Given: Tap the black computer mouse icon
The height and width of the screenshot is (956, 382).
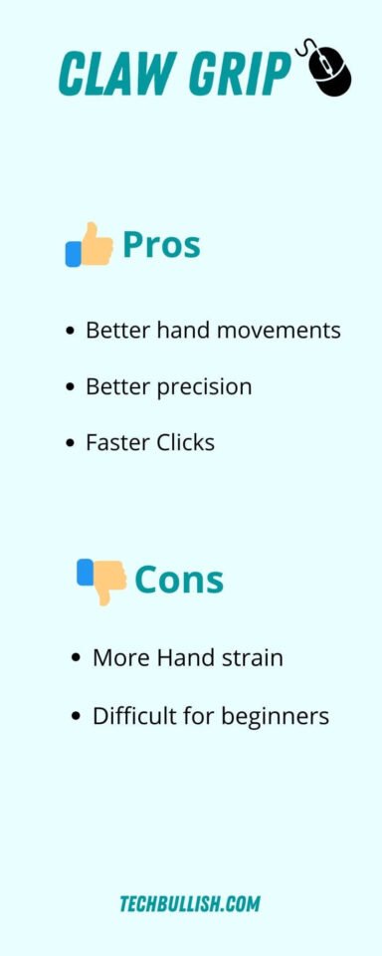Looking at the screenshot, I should (328, 70).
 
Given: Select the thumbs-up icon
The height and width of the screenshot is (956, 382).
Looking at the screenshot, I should (90, 245).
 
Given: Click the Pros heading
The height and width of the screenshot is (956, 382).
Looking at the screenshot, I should (161, 245).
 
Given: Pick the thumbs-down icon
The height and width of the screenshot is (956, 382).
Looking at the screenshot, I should (101, 580).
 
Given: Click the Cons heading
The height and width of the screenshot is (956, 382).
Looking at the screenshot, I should (179, 580).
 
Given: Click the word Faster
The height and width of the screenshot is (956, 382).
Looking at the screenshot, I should (116, 442).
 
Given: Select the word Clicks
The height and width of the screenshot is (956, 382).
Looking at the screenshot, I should (184, 442).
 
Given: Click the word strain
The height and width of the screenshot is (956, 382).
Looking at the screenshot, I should (252, 658).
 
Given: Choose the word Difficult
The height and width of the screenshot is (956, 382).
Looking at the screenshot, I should (132, 715).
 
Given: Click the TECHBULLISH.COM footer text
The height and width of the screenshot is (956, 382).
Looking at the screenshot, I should (190, 904).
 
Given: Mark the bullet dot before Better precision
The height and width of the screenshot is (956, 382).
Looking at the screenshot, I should (70, 386).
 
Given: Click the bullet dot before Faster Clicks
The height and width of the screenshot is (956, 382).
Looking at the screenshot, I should (70, 442).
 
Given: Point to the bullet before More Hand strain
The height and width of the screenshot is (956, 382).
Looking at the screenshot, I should (77, 658).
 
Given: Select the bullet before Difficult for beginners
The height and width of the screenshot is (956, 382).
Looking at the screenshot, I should (77, 715).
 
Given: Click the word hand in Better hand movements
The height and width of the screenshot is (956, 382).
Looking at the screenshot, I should (179, 330).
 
